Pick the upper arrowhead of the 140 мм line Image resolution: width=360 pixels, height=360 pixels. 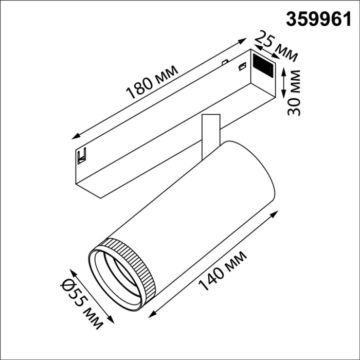(x=278, y=212)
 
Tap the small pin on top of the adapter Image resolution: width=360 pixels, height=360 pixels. (x=224, y=63)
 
